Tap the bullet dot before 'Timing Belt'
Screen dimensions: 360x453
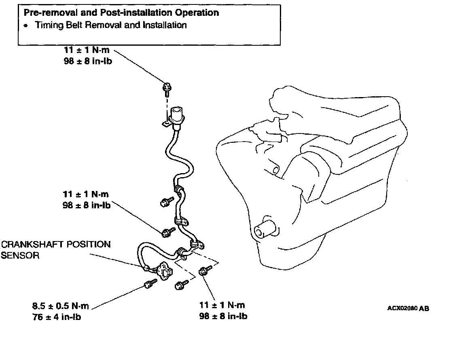pyautogui.click(x=26, y=25)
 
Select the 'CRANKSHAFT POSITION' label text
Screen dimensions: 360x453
pyautogui.click(x=56, y=245)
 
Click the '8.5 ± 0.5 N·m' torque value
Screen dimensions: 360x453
pyautogui.click(x=61, y=306)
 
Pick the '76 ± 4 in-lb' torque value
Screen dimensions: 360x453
pyautogui.click(x=57, y=317)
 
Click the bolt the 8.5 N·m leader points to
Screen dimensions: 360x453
pyautogui.click(x=150, y=285)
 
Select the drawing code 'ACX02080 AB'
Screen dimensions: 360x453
pyautogui.click(x=408, y=308)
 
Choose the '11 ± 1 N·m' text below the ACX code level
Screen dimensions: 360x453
pyautogui.click(x=222, y=305)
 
